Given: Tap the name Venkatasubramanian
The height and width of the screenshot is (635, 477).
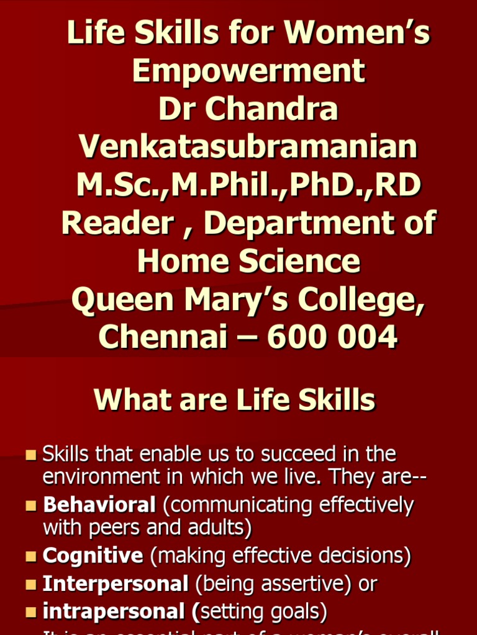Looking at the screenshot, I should [248, 148].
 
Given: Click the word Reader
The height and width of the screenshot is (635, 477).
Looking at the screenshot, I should [117, 223].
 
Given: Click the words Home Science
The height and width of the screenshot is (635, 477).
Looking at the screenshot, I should [248, 261].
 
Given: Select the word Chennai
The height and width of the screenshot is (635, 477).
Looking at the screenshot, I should [160, 337].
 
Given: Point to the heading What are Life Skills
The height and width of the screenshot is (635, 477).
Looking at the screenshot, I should [234, 400].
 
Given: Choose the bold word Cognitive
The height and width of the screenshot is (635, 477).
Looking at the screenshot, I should [93, 556].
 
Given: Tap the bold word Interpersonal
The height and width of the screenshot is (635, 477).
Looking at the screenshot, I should [116, 584].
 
